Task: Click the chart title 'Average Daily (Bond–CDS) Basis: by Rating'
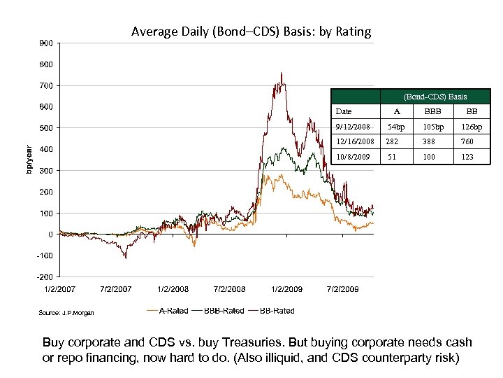251,31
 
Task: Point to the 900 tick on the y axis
46,43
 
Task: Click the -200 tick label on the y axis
45,276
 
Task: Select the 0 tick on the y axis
50,234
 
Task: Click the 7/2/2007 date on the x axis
116,288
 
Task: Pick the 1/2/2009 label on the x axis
286,288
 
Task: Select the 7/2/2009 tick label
343,288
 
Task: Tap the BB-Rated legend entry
271,311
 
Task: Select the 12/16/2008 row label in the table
355,141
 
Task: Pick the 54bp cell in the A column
396,127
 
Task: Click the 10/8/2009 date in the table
353,157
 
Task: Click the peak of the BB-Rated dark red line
281,73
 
